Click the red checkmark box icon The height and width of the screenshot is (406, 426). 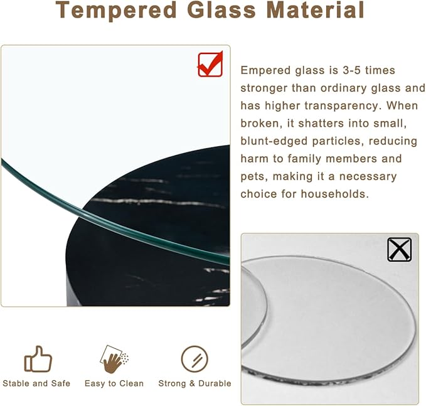point(210,64)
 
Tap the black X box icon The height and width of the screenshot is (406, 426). point(399,249)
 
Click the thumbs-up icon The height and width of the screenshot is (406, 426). point(38,359)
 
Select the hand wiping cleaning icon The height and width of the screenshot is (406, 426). point(115,359)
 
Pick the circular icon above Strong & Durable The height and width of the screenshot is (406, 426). point(194,359)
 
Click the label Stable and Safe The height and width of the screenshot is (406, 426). point(36,383)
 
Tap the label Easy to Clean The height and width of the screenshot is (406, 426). point(114,383)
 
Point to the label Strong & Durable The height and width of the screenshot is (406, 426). point(194,383)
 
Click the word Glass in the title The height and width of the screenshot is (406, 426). point(210,11)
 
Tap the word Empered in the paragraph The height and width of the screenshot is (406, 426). point(265,71)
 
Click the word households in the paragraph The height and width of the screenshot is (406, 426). point(333,194)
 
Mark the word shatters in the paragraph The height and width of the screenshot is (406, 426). point(314,124)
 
